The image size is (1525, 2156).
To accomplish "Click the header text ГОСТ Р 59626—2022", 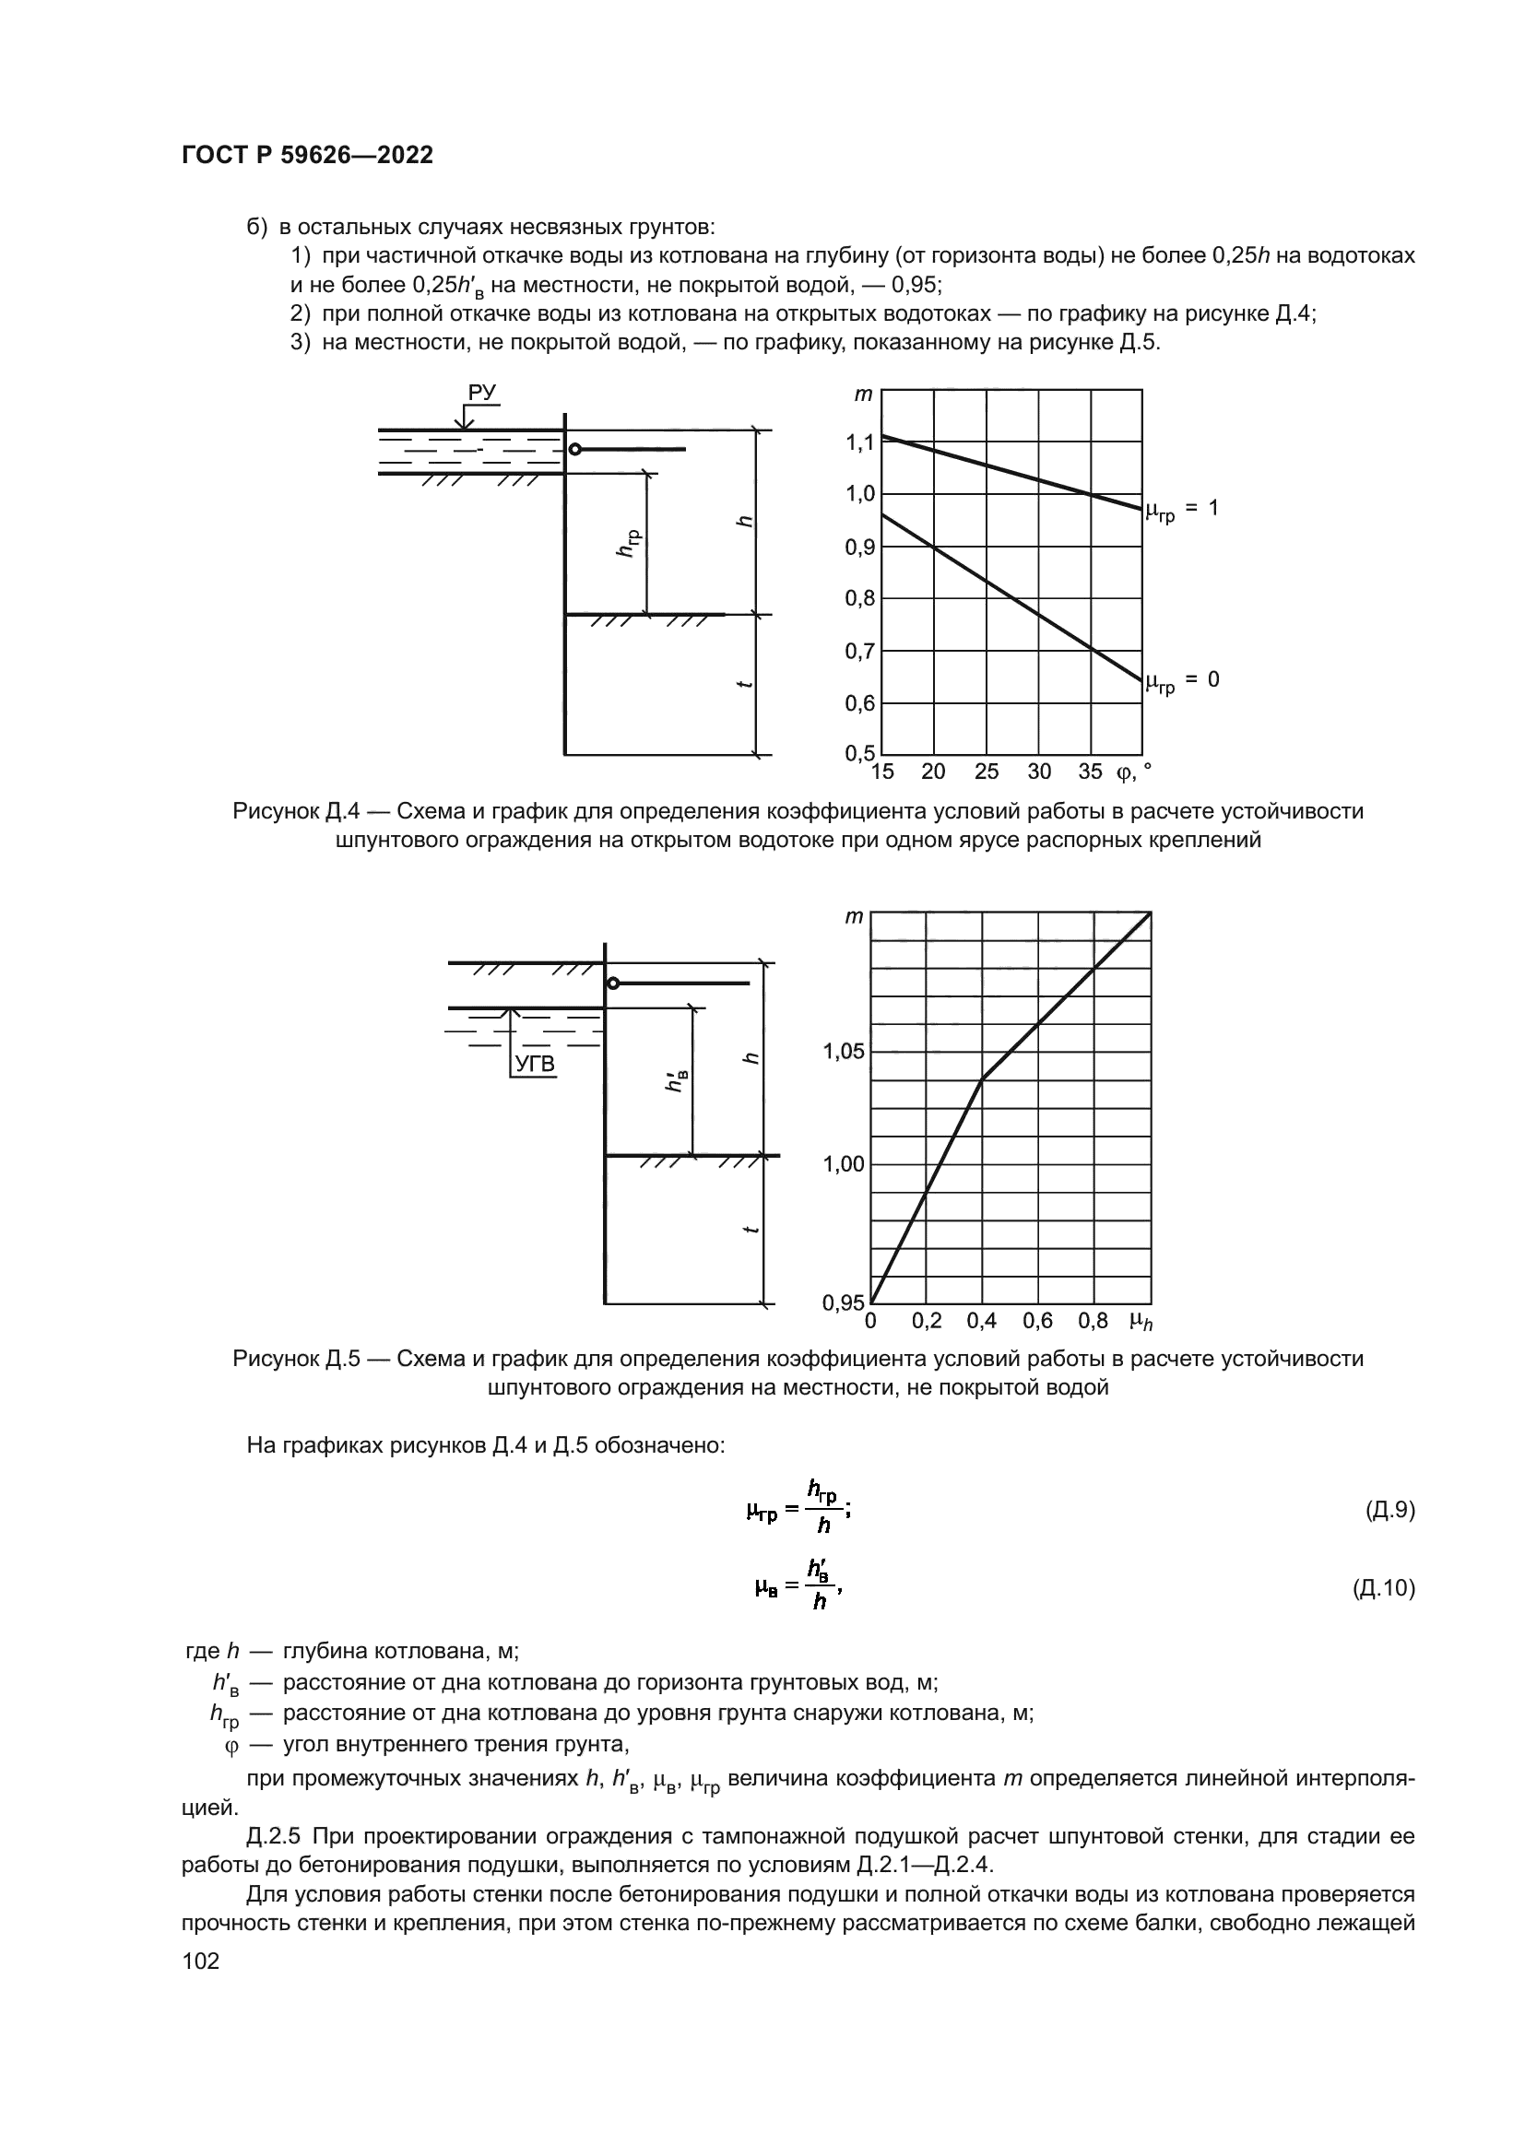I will pyautogui.click(x=307, y=156).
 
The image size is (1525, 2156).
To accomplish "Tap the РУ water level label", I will pyautogui.click(x=481, y=393).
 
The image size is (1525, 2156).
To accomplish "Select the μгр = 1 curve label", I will pyautogui.click(x=1182, y=510).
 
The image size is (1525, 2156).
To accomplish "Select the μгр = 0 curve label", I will pyautogui.click(x=1182, y=681).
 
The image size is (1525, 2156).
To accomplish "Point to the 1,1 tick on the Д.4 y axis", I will pyautogui.click(x=859, y=442).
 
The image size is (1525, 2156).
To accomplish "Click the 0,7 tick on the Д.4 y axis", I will pyautogui.click(x=859, y=651).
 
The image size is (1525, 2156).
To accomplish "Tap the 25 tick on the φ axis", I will pyautogui.click(x=986, y=772).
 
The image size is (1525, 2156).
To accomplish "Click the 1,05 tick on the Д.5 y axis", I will pyautogui.click(x=844, y=1052).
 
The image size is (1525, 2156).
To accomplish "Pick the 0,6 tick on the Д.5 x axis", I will pyautogui.click(x=1037, y=1321).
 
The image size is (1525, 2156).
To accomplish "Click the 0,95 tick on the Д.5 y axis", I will pyautogui.click(x=844, y=1302).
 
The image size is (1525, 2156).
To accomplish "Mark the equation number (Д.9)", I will pyautogui.click(x=1389, y=1511).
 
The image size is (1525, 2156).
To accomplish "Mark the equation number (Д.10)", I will pyautogui.click(x=1383, y=1589).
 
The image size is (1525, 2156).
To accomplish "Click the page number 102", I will pyautogui.click(x=200, y=1961).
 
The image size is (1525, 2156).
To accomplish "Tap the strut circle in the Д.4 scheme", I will pyautogui.click(x=574, y=450).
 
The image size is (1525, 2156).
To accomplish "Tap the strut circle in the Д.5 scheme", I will pyautogui.click(x=613, y=984).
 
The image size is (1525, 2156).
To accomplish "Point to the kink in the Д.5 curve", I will pyautogui.click(x=981, y=1080).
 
